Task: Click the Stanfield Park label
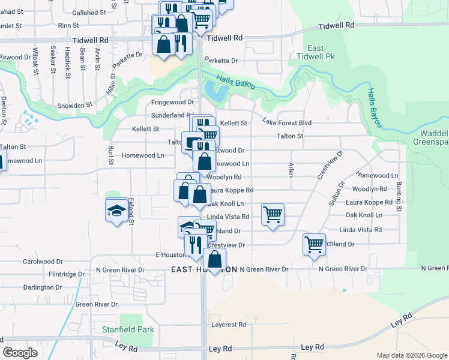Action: (128, 329)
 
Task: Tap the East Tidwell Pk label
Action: (315, 52)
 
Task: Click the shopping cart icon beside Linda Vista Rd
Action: (273, 214)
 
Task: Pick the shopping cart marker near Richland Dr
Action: (314, 244)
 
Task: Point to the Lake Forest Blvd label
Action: (287, 122)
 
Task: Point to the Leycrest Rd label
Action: (229, 325)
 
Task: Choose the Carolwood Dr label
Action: (43, 262)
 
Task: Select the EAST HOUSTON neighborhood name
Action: (204, 269)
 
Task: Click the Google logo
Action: (20, 353)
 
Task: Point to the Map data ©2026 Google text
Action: (411, 355)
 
